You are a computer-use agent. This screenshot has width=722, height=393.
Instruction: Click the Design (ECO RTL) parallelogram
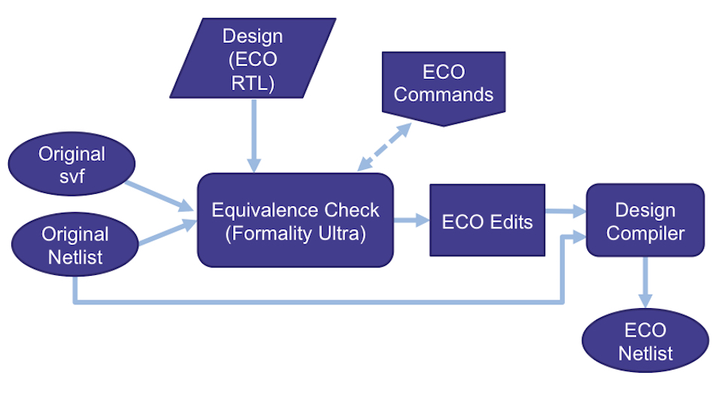253,58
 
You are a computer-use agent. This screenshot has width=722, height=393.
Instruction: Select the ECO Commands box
444,87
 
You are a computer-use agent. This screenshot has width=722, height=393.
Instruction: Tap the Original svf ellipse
72,165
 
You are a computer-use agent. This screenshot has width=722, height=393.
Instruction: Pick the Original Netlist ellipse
75,244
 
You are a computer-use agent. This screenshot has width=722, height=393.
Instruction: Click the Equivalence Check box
296,220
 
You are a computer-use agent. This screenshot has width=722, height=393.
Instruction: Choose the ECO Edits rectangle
487,220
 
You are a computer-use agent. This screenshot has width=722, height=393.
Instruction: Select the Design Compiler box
645,220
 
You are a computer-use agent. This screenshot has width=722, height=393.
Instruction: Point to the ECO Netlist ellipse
645,340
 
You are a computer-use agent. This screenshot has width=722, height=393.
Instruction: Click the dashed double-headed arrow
384,147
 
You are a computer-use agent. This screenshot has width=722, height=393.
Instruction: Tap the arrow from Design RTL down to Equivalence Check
253,136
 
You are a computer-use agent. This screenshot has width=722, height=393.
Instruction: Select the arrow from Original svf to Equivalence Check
159,197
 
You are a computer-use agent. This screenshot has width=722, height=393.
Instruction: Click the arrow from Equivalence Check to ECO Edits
411,220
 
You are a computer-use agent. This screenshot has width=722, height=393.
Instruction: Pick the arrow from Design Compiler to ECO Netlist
645,282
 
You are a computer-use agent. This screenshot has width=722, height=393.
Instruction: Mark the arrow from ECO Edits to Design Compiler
566,212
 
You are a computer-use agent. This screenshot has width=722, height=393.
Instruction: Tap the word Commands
444,95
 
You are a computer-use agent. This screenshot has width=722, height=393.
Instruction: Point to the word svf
72,177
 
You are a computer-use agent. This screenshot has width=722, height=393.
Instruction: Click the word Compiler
645,233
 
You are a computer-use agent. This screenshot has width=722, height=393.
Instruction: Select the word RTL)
253,83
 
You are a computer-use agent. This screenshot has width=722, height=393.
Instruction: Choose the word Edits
511,222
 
